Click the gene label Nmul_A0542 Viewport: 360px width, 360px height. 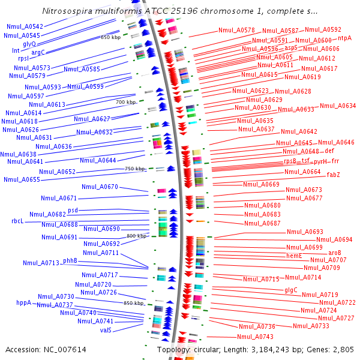pyautogui.click(x=25, y=27)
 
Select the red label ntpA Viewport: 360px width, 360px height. pyautogui.click(x=345, y=38)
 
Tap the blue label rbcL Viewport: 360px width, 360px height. pyautogui.click(x=17, y=221)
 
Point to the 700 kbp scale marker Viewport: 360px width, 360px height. pyautogui.click(x=126, y=102)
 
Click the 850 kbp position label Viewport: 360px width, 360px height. pyautogui.click(x=134, y=303)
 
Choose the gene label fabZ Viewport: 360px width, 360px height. pyautogui.click(x=334, y=175)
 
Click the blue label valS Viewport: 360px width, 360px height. pyautogui.click(x=106, y=330)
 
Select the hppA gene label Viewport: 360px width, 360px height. pyautogui.click(x=24, y=303)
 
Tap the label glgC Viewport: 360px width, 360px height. pyautogui.click(x=291, y=289)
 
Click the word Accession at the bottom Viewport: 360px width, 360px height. pyautogui.click(x=26, y=349)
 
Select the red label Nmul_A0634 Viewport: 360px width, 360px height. pyautogui.click(x=337, y=106)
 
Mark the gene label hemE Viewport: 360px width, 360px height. pyautogui.click(x=294, y=256)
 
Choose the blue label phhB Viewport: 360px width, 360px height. pyautogui.click(x=70, y=260)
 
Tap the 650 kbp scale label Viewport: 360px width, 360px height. pyautogui.click(x=110, y=37)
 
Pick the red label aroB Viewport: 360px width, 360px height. pyautogui.click(x=335, y=253)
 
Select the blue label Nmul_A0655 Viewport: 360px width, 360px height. pyautogui.click(x=22, y=179)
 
